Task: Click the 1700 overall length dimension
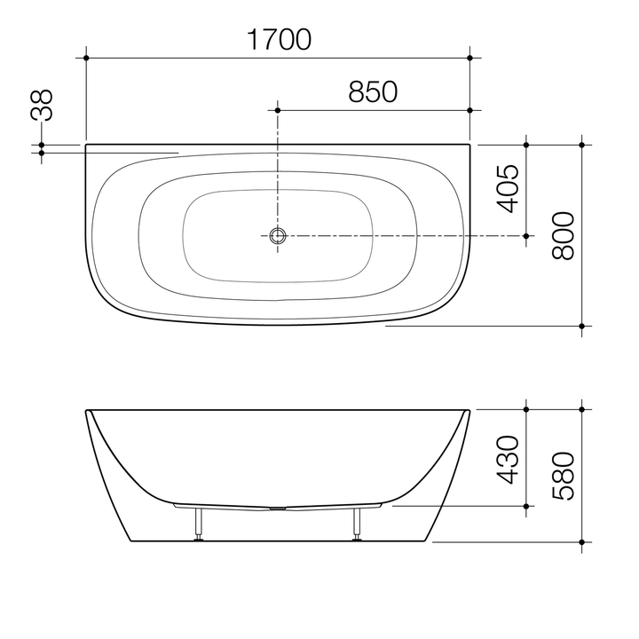pos(279,40)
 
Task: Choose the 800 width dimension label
pos(564,235)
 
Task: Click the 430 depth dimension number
pos(507,459)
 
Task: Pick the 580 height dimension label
pos(564,477)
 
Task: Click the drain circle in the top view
pos(279,235)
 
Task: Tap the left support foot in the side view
pos(200,524)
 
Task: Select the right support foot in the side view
pos(358,524)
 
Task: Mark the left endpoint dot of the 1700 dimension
pos(86,58)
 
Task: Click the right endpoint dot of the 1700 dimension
pos(470,58)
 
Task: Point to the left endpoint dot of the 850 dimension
pos(279,110)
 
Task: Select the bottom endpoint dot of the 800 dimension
pos(582,325)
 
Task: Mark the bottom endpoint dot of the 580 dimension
pos(582,540)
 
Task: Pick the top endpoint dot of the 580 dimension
pos(582,409)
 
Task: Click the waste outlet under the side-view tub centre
pos(279,509)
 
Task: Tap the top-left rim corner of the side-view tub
pos(87,411)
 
